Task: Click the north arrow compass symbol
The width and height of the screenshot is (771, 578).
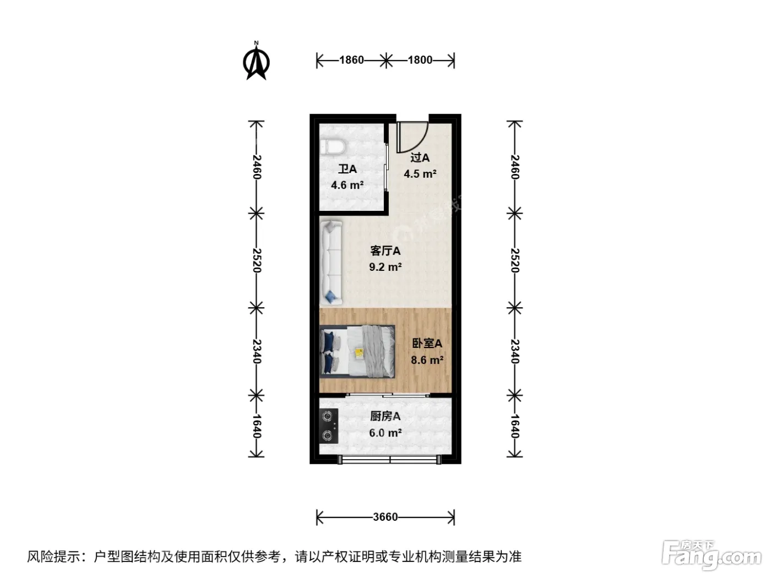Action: point(257,62)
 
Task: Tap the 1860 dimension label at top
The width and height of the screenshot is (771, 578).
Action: point(351,60)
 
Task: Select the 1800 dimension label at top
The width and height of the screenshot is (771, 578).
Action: point(420,60)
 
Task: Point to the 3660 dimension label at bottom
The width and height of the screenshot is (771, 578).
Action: point(385,517)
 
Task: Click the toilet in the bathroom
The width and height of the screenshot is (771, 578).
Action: point(333,146)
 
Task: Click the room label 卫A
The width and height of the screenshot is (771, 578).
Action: point(348,169)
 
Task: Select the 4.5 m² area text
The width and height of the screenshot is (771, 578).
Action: point(420,174)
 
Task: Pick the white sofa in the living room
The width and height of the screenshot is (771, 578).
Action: point(331,263)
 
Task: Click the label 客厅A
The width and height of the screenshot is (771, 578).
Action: point(385,251)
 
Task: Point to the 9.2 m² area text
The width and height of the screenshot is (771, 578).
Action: point(385,267)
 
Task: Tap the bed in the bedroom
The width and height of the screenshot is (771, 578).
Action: point(357,351)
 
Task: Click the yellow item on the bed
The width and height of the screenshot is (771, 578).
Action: point(359,353)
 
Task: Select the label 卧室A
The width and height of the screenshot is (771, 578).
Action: point(427,343)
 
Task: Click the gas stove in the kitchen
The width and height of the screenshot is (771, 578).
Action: point(329,426)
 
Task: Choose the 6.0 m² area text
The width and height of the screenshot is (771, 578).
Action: point(385,433)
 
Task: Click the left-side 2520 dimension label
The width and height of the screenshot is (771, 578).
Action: point(257,260)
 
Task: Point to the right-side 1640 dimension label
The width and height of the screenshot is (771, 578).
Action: point(514,427)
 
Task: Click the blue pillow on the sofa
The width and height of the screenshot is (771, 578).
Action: point(330,297)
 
